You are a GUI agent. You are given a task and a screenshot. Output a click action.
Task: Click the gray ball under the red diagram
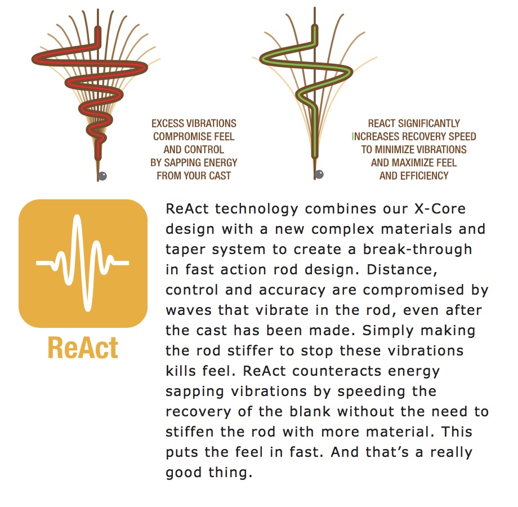pyautogui.click(x=102, y=176)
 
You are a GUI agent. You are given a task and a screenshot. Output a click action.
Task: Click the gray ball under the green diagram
pyautogui.click(x=319, y=174)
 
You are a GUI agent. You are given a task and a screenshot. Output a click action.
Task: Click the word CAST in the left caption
pyautogui.click(x=220, y=176)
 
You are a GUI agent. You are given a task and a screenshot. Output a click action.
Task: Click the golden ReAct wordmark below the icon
pyautogui.click(x=83, y=348)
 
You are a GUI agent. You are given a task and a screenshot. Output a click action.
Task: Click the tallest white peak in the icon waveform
pyautogui.click(x=77, y=218)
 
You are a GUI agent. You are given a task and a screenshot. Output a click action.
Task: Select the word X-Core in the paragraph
pyautogui.click(x=440, y=209)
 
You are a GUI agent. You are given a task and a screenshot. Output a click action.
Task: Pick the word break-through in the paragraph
pyautogui.click(x=418, y=249)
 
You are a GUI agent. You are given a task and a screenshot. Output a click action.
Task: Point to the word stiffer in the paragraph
pyautogui.click(x=251, y=350)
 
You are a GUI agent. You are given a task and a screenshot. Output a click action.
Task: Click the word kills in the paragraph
pyautogui.click(x=181, y=371)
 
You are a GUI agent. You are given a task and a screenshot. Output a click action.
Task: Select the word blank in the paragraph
pyautogui.click(x=310, y=411)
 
